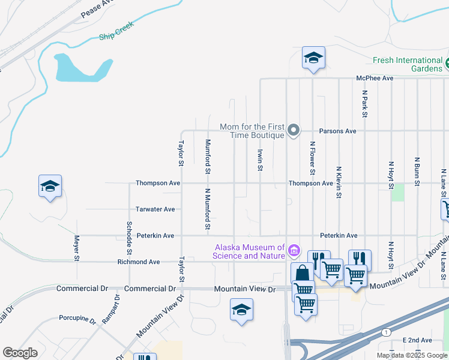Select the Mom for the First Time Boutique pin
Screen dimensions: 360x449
coord(294,130)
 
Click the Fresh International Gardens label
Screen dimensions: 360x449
coord(407,64)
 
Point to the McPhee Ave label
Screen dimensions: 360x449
coord(375,78)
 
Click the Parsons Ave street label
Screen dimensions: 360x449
coord(337,131)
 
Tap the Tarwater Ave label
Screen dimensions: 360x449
coord(155,209)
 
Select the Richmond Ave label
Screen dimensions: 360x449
coord(139,262)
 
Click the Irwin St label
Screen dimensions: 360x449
coord(260,160)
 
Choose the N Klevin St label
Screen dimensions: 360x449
coord(339,182)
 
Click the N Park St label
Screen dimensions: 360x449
coord(364,104)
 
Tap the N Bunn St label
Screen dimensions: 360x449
coord(417,171)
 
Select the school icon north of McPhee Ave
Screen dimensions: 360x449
coord(313,58)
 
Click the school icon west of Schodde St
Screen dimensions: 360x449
coord(50,187)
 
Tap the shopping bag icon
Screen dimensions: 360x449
coord(302,274)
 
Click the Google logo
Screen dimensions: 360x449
coord(20,353)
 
